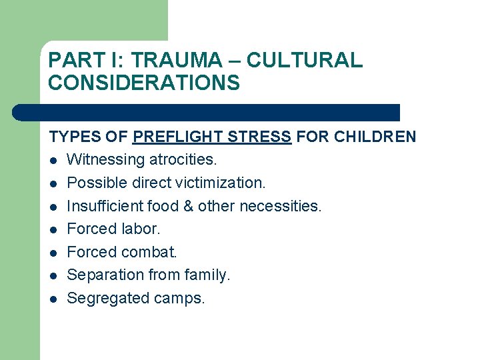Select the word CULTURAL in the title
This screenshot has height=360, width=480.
click(305, 60)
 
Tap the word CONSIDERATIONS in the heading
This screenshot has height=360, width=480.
click(143, 83)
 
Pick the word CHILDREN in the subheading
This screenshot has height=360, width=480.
click(375, 137)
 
